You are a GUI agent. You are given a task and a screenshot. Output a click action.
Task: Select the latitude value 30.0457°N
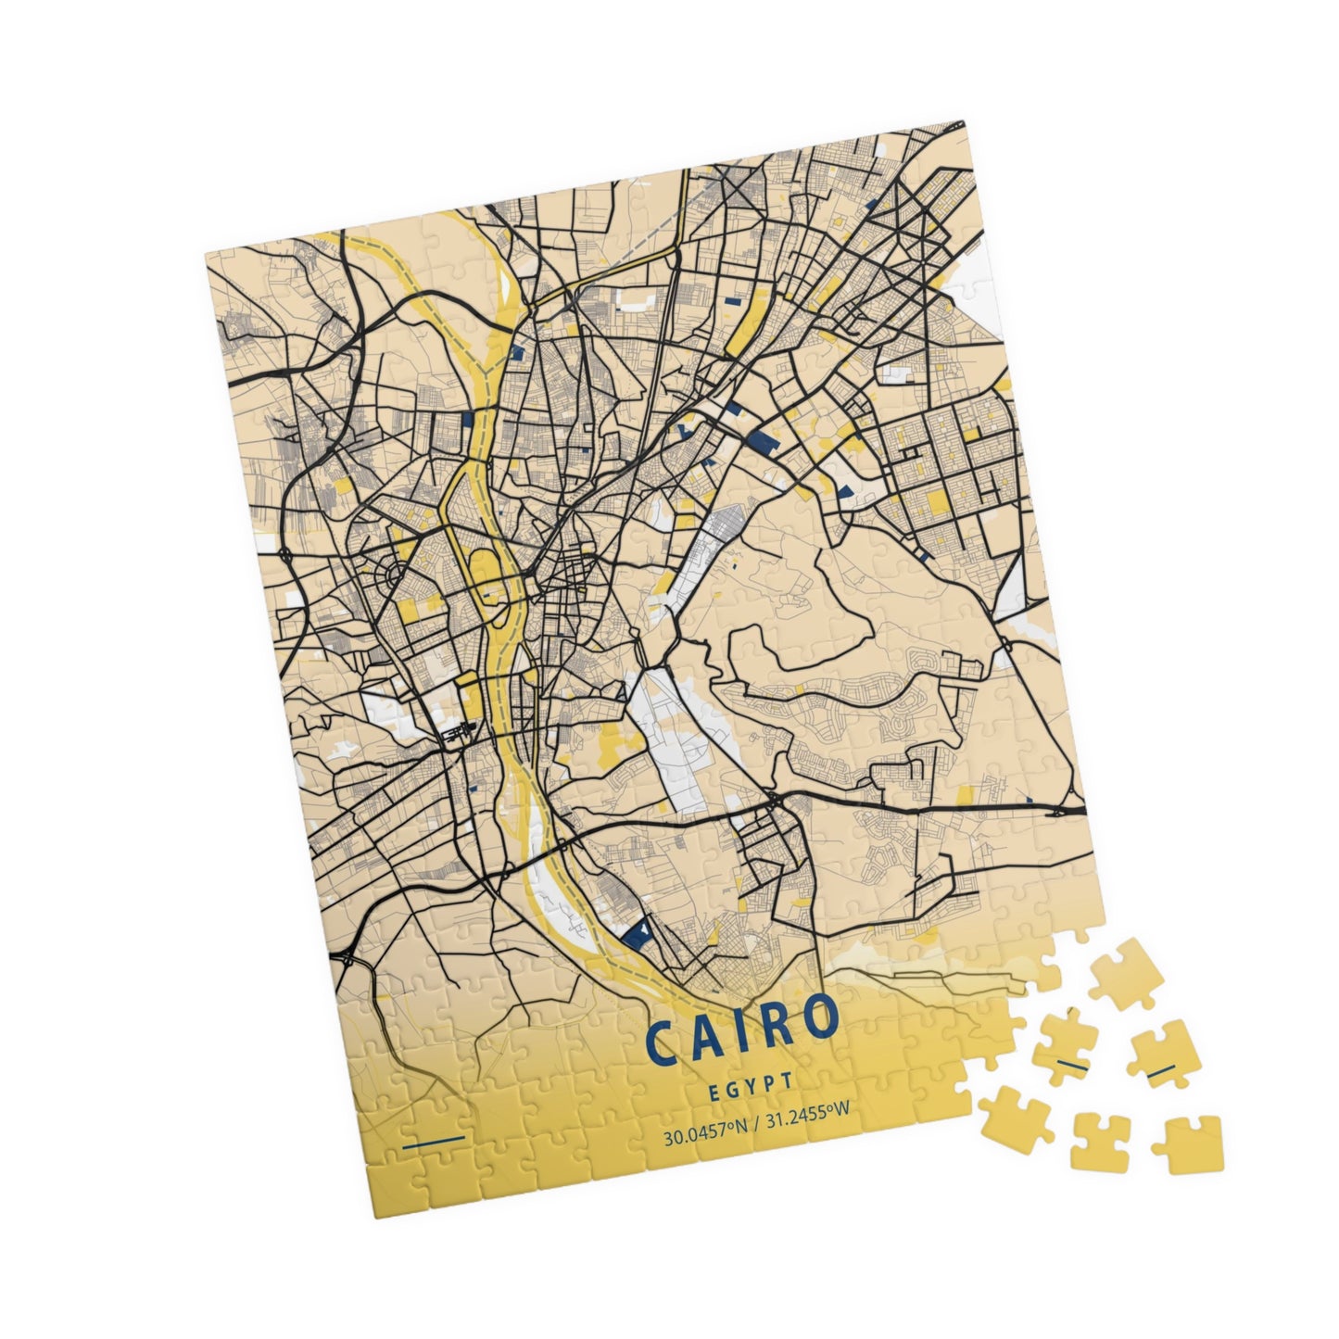[704, 1136]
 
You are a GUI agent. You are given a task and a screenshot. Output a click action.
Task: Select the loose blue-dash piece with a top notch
[1166, 1055]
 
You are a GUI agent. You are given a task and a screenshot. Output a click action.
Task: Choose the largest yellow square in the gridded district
[938, 501]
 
